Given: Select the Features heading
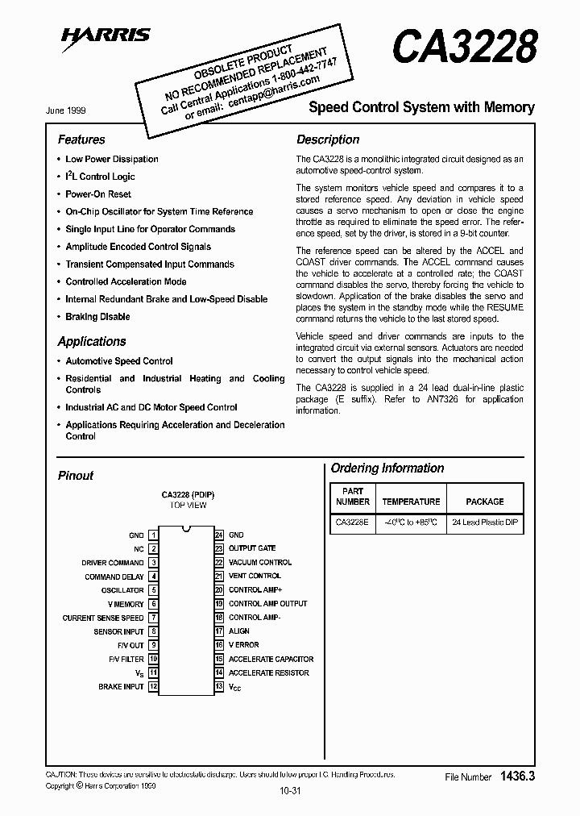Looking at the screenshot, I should pyautogui.click(x=81, y=139).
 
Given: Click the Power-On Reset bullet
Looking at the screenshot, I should pyautogui.click(x=97, y=194).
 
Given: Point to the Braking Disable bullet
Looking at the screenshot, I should pyautogui.click(x=97, y=317).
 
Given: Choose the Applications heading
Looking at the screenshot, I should pyautogui.click(x=92, y=341).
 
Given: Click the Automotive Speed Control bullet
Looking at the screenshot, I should pyautogui.click(x=118, y=361).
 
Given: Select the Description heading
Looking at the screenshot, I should pyautogui.click(x=328, y=139).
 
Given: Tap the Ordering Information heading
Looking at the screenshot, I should pyautogui.click(x=387, y=468).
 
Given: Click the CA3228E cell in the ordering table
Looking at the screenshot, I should pyautogui.click(x=352, y=523).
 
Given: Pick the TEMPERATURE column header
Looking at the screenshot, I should pyautogui.click(x=411, y=502).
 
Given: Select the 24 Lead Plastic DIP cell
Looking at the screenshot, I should pyautogui.click(x=485, y=523).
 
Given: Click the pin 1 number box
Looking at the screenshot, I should pyautogui.click(x=153, y=535).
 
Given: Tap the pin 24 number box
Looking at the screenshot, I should pyautogui.click(x=218, y=535).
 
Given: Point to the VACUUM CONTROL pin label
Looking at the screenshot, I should pyautogui.click(x=260, y=563).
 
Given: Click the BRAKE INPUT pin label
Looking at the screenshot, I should pyautogui.click(x=121, y=687).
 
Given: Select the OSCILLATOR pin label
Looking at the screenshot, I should pyautogui.click(x=122, y=590).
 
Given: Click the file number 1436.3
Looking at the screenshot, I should pyautogui.click(x=517, y=776).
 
